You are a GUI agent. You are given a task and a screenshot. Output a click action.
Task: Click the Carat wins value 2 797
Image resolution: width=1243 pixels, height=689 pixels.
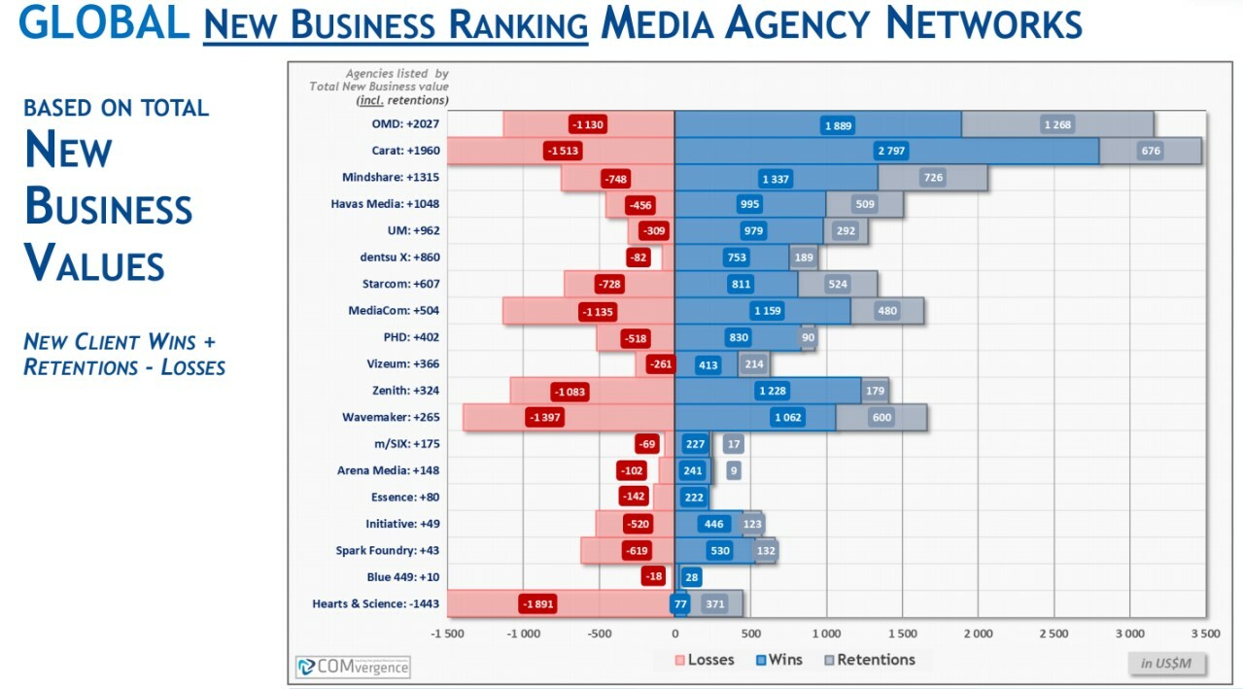890,152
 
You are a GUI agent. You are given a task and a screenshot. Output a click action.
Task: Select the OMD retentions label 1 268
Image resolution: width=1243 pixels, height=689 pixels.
1057,124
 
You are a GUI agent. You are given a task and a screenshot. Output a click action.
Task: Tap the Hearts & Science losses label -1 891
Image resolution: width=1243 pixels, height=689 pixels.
537,603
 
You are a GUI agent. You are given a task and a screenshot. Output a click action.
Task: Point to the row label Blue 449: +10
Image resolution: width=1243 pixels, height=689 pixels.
402,577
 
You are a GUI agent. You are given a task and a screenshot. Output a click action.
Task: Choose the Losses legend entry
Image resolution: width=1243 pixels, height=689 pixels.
705,660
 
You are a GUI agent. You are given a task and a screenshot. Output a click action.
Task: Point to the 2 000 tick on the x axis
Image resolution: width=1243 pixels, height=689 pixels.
978,634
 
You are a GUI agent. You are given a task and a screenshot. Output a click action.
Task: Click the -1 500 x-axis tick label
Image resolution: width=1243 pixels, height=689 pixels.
447,634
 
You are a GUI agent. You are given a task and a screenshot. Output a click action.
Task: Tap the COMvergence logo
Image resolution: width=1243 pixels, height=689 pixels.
353,667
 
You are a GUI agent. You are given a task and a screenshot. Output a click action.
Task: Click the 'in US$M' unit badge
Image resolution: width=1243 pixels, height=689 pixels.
1166,663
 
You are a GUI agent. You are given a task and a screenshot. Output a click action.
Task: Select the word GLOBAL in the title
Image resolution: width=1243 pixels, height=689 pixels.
104,22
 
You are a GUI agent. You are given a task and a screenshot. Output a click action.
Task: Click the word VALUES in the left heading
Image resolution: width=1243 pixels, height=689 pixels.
94,263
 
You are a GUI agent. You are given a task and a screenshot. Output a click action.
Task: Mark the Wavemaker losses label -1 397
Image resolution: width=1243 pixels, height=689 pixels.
544,418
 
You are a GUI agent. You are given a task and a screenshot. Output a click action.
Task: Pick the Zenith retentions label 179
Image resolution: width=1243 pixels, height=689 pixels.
875,391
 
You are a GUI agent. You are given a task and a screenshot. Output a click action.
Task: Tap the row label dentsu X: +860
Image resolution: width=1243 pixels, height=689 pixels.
399,258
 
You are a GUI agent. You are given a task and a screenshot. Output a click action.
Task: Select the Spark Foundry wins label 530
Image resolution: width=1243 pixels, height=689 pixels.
720,551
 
